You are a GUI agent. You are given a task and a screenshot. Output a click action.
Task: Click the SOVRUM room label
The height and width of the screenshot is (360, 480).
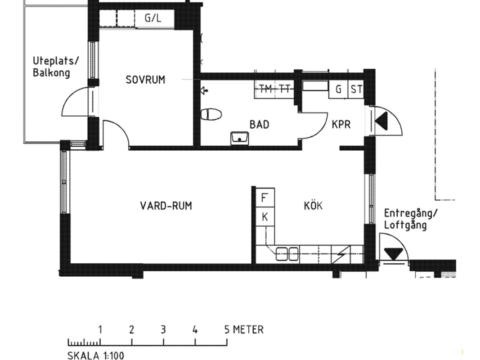(145, 80)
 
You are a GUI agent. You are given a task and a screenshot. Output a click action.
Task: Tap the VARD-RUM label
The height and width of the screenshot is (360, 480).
(166, 206)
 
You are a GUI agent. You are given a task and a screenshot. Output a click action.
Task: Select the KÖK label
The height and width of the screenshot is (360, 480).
(313, 205)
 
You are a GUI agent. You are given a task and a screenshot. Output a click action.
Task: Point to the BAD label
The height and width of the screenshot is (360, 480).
(259, 125)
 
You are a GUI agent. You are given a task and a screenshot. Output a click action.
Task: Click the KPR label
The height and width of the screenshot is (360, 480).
(341, 125)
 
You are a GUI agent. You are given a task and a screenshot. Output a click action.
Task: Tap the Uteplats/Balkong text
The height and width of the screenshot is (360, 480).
(55, 67)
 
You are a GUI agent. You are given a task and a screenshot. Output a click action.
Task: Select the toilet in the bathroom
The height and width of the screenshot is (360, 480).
(211, 114)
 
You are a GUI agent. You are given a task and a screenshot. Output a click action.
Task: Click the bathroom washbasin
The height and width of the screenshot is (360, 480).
(240, 138)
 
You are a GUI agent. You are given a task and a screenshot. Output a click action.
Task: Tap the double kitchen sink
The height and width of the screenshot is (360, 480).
(287, 254)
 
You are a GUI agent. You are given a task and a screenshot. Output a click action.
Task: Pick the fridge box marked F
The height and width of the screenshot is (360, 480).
(265, 198)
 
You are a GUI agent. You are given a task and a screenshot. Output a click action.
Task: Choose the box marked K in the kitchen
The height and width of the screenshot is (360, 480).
(265, 217)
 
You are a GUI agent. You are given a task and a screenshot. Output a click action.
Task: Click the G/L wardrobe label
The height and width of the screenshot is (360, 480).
(153, 18)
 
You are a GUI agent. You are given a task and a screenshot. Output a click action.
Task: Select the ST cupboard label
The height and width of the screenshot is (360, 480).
(356, 90)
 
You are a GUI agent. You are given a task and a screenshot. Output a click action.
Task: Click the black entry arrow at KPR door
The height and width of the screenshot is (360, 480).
(381, 121)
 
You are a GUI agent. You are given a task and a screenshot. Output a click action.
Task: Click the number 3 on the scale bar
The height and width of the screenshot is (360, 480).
(163, 330)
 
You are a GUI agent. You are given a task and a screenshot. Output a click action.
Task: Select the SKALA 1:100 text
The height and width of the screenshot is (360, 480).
(96, 355)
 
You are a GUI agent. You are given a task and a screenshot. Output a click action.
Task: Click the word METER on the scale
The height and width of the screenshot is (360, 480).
(248, 330)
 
